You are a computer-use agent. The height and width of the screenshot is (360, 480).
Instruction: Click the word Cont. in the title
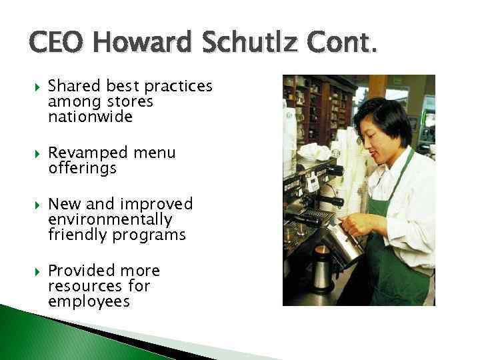click(x=341, y=46)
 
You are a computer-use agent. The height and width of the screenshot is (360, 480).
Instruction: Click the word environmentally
click(x=110, y=219)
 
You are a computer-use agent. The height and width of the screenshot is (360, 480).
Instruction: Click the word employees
click(x=89, y=301)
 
